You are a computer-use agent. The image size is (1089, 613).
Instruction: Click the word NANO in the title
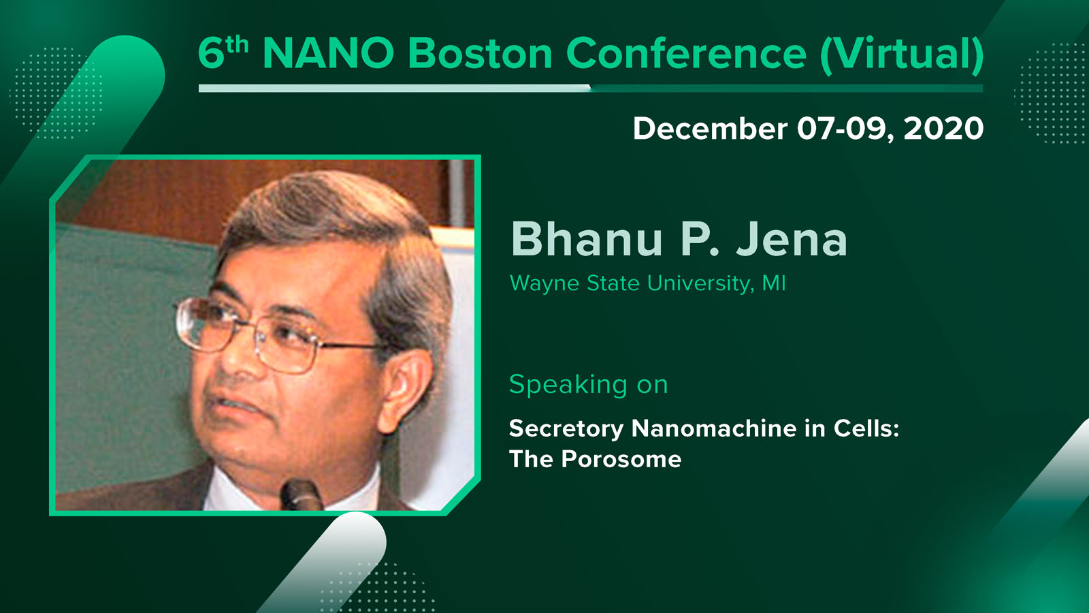click(328, 53)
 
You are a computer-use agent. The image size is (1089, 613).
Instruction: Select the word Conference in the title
click(686, 53)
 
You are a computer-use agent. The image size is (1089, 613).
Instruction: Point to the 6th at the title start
click(223, 52)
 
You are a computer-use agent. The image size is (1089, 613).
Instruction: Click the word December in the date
click(710, 129)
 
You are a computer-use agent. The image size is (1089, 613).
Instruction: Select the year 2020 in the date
click(943, 129)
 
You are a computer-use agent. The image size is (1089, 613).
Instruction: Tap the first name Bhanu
click(587, 238)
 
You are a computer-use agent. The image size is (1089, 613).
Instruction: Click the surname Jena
click(792, 239)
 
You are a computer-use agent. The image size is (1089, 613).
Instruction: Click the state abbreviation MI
click(774, 283)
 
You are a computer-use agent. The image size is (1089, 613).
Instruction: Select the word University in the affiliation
click(700, 283)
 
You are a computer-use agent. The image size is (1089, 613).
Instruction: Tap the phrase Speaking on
click(589, 386)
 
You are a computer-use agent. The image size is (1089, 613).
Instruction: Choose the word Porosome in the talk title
click(621, 459)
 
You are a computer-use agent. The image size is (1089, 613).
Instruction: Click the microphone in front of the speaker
click(302, 494)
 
